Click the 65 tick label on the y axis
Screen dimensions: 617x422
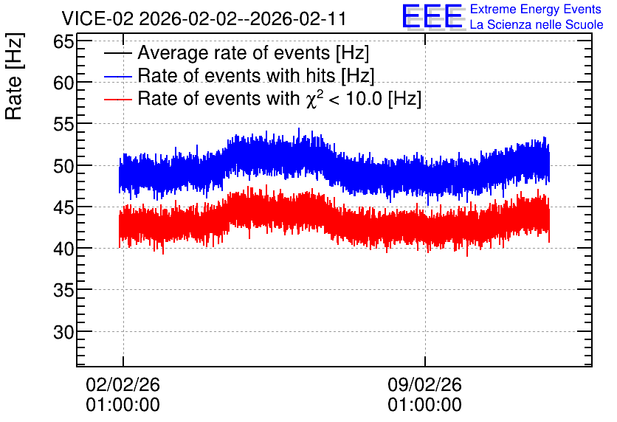(x=64, y=41)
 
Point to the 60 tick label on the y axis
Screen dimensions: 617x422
(x=64, y=83)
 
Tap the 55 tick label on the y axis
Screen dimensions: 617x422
(x=64, y=125)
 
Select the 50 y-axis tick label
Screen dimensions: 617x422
(x=64, y=166)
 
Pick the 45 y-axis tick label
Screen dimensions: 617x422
(x=64, y=207)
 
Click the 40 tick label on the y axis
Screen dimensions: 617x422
(x=64, y=249)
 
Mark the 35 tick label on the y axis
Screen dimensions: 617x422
(x=64, y=291)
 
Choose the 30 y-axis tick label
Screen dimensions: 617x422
(x=64, y=332)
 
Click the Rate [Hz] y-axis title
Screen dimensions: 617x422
(x=14, y=76)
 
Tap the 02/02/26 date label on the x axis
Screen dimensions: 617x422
(x=123, y=384)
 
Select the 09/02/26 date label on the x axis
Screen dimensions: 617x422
(x=424, y=384)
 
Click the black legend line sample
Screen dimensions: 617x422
(x=117, y=53)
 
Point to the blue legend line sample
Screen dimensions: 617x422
(x=117, y=76)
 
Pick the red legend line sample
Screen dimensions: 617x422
(x=117, y=99)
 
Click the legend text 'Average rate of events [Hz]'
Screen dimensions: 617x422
(x=253, y=53)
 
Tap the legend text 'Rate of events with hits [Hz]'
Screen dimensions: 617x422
(x=256, y=76)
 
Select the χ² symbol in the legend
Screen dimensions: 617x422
(x=314, y=99)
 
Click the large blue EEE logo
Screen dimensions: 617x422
(x=432, y=16)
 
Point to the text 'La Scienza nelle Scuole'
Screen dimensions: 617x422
(x=537, y=25)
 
